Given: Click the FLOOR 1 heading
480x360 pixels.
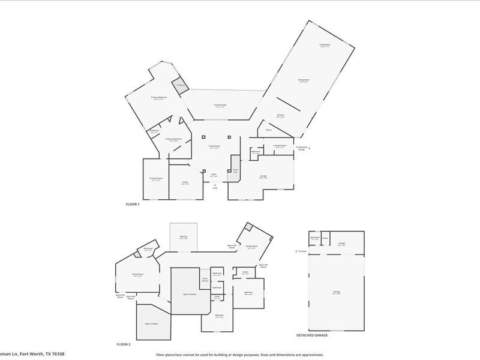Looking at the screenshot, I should (x=132, y=205).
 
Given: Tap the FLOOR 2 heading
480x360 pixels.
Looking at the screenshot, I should (x=124, y=344).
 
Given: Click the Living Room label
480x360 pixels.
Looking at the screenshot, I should (x=325, y=45).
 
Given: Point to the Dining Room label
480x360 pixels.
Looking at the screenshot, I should (x=304, y=80).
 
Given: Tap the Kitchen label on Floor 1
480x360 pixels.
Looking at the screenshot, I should (x=280, y=115).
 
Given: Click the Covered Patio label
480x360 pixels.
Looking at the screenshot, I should (x=220, y=106).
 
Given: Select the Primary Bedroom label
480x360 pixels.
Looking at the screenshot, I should (x=158, y=97).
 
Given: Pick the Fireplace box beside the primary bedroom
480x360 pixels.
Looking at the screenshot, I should (x=179, y=85).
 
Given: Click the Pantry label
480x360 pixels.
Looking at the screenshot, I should (x=268, y=130).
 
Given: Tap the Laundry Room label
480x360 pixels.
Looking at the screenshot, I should (x=279, y=145).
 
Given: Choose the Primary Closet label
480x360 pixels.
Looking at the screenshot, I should (x=155, y=178).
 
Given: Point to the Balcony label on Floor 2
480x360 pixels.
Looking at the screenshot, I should (x=183, y=236).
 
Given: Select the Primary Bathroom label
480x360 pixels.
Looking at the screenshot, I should (x=173, y=139).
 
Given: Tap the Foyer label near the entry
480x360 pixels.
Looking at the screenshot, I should (x=213, y=175).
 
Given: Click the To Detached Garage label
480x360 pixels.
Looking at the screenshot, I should (x=302, y=148).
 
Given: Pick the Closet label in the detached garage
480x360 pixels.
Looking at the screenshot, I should (x=325, y=238).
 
